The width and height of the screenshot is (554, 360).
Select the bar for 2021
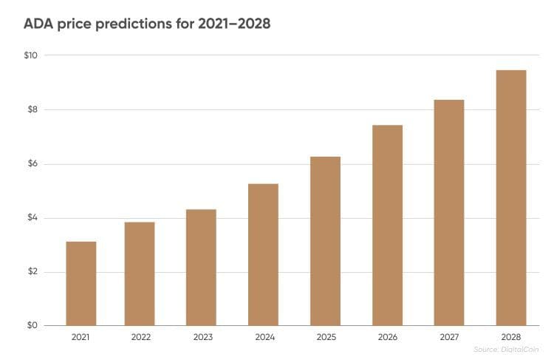81,284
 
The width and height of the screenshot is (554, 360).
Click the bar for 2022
140,274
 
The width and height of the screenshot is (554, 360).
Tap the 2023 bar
201,268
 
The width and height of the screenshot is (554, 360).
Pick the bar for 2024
263,255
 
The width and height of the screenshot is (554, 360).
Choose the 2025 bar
325,242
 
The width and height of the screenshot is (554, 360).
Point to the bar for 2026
387,225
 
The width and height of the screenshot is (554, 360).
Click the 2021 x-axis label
81,337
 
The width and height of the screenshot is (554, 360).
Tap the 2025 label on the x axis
325,337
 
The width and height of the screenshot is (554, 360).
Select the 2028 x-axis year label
511,337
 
